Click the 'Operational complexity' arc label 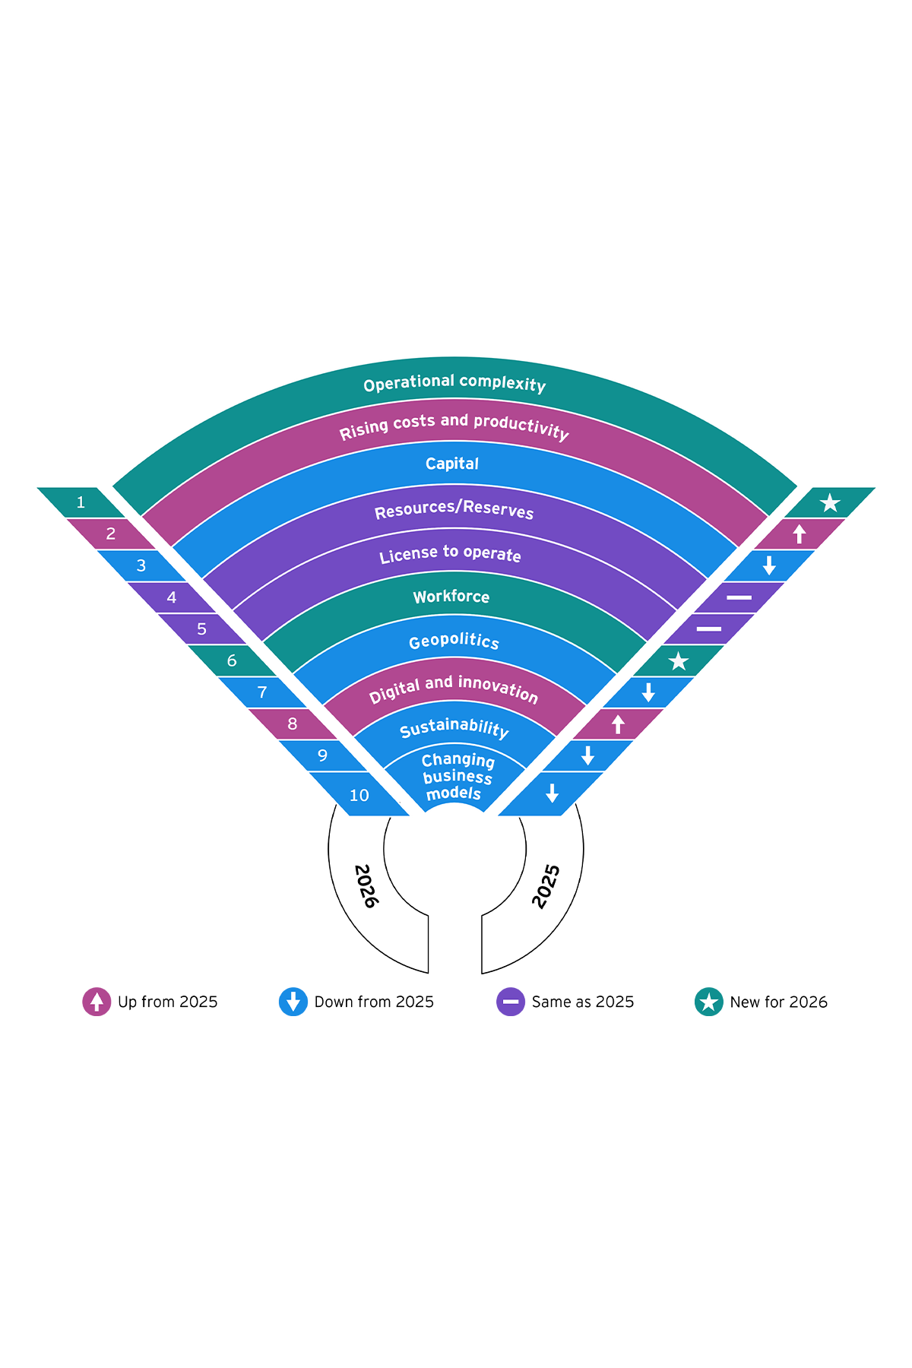454,384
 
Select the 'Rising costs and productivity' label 454,427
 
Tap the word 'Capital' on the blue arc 452,464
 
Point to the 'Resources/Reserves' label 454,509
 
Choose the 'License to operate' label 451,554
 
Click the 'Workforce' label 451,597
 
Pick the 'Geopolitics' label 454,641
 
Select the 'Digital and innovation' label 454,689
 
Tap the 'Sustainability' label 454,728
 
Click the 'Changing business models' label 456,777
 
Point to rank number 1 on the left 81,502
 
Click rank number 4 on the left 172,597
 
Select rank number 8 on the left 293,724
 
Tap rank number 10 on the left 359,795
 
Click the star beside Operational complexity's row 830,502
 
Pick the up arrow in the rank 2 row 799,534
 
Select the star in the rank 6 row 678,661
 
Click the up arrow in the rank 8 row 618,724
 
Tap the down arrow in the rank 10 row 553,793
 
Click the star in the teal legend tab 708,1002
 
